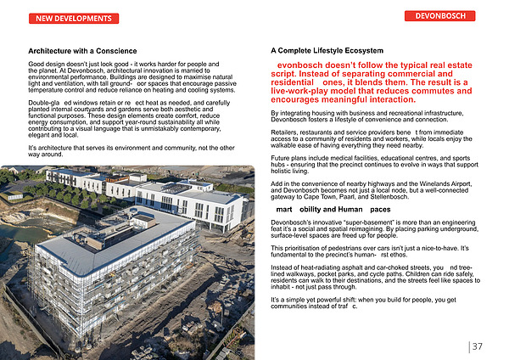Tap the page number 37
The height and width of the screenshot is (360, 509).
(478, 346)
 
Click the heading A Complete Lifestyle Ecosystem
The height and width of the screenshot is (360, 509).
(327, 52)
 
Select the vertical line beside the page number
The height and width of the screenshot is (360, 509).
(468, 346)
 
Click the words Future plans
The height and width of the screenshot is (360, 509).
(290, 158)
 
